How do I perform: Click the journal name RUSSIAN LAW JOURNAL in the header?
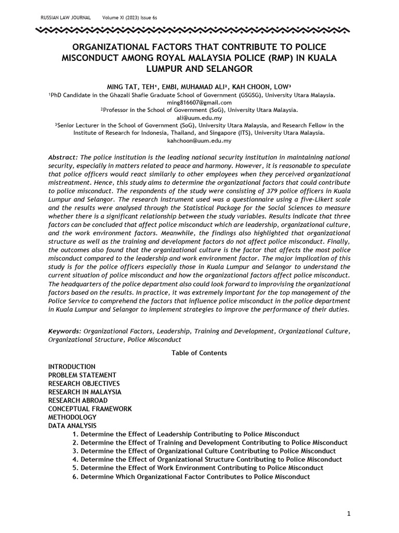(65, 18)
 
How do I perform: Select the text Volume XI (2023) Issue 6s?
(129, 18)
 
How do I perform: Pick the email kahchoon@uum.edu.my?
(199, 141)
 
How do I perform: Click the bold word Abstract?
(63, 157)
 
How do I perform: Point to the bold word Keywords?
(65, 331)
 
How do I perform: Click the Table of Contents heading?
(199, 353)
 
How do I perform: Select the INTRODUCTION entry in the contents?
(72, 366)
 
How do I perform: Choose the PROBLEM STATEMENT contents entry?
(82, 375)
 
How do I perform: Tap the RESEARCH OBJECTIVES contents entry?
(84, 384)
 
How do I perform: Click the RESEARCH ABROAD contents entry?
(78, 400)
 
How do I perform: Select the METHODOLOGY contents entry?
(72, 417)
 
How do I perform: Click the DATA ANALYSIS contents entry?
(72, 426)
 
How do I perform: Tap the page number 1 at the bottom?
(349, 514)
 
